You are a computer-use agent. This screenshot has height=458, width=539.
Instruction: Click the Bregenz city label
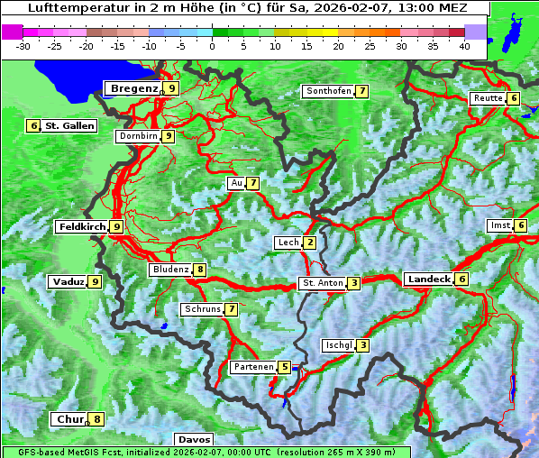click(x=133, y=88)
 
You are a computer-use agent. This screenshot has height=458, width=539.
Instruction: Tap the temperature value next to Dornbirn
click(x=169, y=136)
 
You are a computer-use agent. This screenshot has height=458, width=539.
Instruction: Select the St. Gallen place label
click(x=69, y=126)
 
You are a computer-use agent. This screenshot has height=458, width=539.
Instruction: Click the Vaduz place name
click(x=69, y=281)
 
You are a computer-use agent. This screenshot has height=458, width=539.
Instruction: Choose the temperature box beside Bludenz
click(x=200, y=270)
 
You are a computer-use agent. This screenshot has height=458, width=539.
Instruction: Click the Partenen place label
click(x=252, y=367)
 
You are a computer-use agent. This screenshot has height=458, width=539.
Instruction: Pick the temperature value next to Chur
click(x=97, y=419)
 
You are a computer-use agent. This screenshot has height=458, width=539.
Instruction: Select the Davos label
click(x=194, y=440)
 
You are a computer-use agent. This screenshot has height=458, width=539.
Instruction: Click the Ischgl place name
click(x=338, y=345)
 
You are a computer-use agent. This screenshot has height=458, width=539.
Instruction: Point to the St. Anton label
click(x=323, y=283)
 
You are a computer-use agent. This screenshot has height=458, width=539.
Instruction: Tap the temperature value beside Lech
click(x=310, y=243)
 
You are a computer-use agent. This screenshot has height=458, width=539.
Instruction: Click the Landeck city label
click(x=428, y=279)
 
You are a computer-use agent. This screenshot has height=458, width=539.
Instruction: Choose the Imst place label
click(x=499, y=224)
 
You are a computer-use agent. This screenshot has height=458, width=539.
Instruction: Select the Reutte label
click(x=488, y=98)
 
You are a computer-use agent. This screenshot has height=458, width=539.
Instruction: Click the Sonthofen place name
click(x=328, y=91)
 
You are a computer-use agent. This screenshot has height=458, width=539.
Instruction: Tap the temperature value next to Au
click(x=254, y=183)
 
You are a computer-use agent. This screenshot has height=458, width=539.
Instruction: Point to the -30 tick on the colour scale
click(x=24, y=46)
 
